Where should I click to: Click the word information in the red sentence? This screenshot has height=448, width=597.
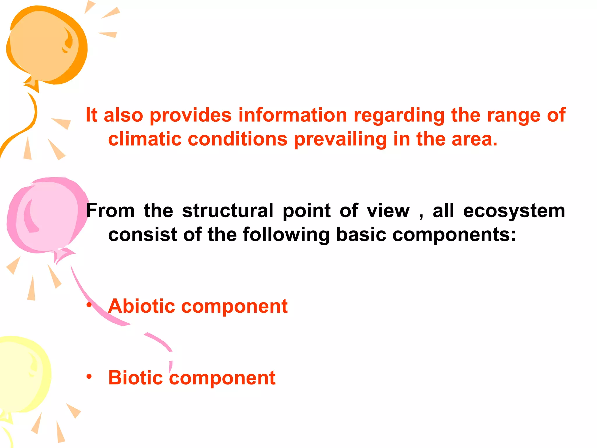293,115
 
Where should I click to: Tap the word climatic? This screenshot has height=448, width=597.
145,139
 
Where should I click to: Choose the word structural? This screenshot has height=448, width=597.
228,211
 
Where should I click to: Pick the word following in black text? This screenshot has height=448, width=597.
286,235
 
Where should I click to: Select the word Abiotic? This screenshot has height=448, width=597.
142,306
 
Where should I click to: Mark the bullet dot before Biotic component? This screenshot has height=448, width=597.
89,377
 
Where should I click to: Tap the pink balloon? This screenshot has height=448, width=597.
47,216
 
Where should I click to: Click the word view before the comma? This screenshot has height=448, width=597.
388,211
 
